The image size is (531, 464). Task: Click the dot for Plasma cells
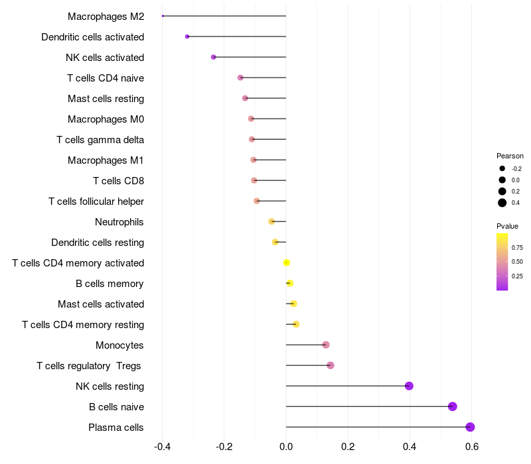point(470,427)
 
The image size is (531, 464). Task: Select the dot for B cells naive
point(453,406)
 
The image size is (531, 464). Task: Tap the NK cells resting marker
point(409,386)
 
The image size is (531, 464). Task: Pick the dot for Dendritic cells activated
point(187,36)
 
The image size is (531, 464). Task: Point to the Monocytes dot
point(326,345)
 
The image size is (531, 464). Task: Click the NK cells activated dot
point(213,57)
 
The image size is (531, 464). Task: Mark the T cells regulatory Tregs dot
point(331,365)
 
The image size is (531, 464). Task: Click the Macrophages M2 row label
point(106,16)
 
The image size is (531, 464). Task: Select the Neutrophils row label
point(119,221)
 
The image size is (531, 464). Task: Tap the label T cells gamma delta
point(100,139)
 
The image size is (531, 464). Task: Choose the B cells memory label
point(110,283)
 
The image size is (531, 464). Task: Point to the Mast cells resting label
point(106,98)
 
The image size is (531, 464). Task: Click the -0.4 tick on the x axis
point(163,447)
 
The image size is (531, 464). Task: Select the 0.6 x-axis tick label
point(471,447)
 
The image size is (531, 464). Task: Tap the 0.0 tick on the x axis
point(286,447)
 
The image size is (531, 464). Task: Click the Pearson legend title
point(510,156)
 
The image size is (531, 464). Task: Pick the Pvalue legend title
point(507,226)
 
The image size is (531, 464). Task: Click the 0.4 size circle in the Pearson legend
point(502,203)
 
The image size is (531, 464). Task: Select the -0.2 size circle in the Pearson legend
point(502,168)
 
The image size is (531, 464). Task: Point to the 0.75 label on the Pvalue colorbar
point(517,247)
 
